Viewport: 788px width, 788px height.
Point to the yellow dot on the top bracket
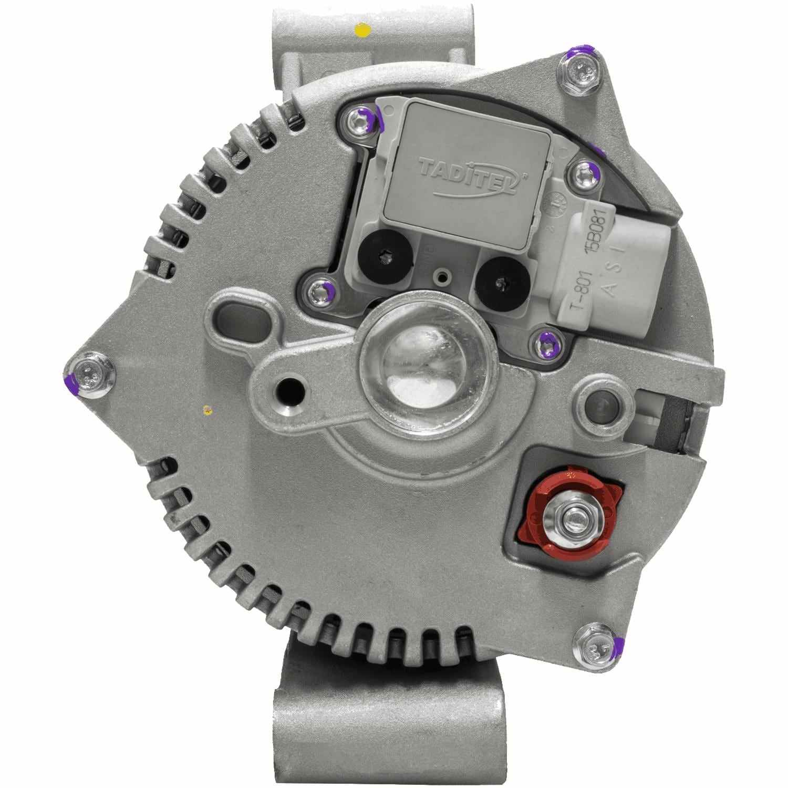(x=361, y=30)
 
